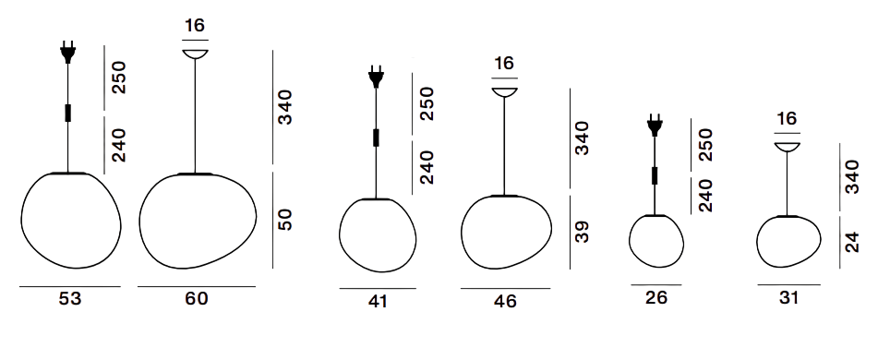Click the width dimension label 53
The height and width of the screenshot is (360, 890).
[70, 298]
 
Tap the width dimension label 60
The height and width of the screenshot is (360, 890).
[197, 298]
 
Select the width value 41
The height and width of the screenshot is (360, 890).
[378, 301]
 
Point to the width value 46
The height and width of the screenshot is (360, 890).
[505, 301]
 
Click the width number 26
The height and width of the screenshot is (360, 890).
[656, 297]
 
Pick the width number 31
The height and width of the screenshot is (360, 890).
[789, 297]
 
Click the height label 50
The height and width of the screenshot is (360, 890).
[285, 220]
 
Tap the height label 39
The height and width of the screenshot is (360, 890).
[582, 232]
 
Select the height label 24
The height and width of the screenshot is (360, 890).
[852, 242]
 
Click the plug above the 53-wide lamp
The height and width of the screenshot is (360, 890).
[68, 52]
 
